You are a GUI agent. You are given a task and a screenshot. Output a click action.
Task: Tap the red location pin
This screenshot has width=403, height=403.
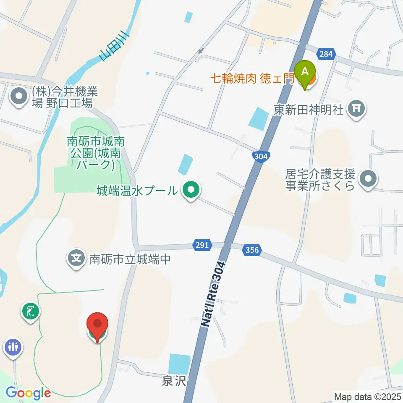97,325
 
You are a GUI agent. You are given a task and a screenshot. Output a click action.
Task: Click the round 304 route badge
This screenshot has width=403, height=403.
260,156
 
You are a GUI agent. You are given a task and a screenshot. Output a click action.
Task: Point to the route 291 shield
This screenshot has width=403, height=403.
201,245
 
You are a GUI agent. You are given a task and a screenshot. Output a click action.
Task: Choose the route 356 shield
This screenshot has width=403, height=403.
252,250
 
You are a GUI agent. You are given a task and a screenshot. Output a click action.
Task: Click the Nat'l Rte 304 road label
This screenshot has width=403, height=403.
212,294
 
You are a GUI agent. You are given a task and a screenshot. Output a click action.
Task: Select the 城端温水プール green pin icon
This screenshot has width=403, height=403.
191,191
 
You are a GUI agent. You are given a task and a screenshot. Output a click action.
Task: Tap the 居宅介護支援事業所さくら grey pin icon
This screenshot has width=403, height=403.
369,179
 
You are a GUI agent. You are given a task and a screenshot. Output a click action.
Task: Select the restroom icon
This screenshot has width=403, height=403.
13,347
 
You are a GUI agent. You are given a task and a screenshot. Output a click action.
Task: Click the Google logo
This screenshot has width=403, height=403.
29,393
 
